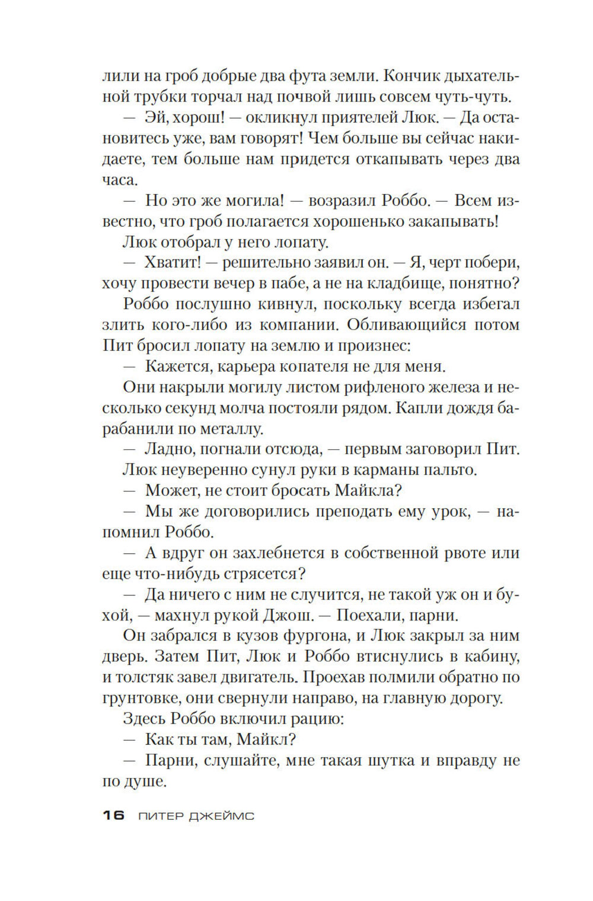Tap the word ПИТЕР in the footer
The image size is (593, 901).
click(x=161, y=816)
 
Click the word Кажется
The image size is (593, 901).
click(x=177, y=366)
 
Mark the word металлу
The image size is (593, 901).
click(x=231, y=429)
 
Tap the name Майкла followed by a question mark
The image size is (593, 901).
click(x=368, y=490)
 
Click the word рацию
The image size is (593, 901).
click(x=318, y=719)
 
